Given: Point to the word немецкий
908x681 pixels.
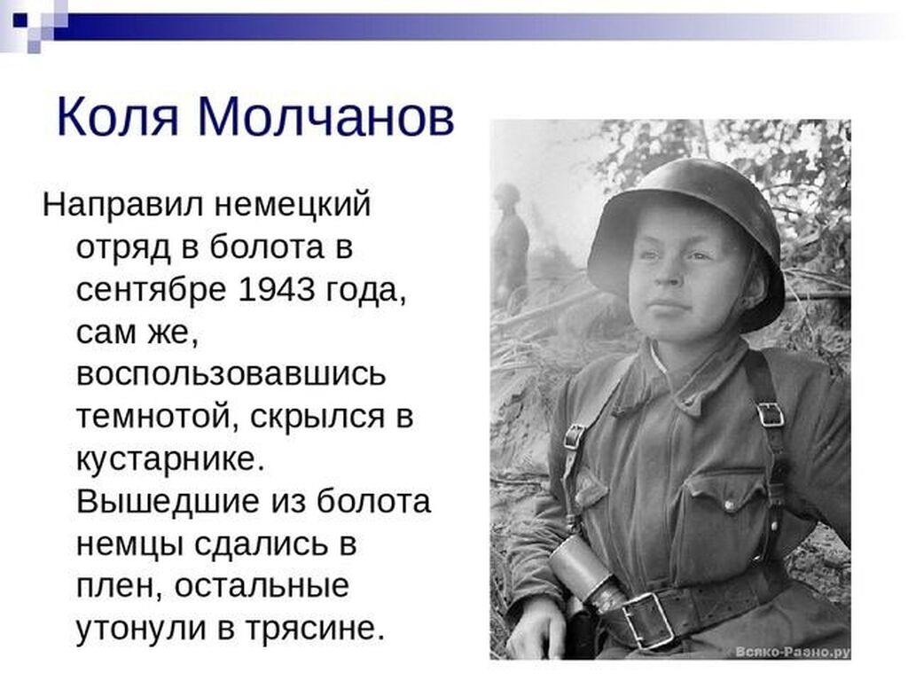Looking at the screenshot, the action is point(293,205).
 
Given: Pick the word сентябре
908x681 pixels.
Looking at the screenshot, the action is point(151,290).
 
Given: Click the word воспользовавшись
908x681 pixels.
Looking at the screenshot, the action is point(231,373).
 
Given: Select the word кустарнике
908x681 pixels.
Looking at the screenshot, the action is point(170,458).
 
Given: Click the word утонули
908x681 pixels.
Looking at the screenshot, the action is point(141,629).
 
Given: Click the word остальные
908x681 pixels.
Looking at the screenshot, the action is point(262,585).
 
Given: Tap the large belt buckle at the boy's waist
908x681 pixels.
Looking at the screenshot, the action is point(647,621).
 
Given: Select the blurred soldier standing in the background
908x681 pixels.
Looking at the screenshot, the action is point(510,243).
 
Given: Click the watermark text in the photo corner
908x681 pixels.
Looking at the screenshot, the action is point(792,652).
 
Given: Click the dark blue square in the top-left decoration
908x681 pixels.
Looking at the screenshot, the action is point(20,20).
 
